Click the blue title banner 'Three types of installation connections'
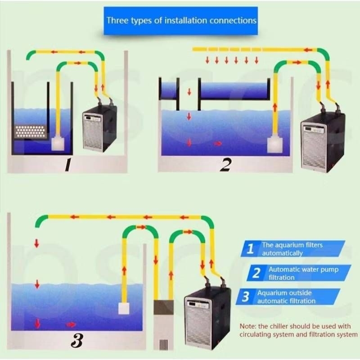point(181,21)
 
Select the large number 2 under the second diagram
point(225,165)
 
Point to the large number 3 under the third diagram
point(77,341)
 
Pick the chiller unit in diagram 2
point(323,142)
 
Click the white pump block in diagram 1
point(58,144)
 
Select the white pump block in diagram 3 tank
point(123,308)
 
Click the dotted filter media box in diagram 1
point(30,131)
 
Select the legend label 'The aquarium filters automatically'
point(292,249)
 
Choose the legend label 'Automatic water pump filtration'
point(303,273)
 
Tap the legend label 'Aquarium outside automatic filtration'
point(286,297)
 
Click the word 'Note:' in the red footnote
point(248,326)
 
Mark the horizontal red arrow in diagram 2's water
point(218,144)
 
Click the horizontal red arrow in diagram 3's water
point(71,324)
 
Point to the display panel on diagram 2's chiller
point(314,130)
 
